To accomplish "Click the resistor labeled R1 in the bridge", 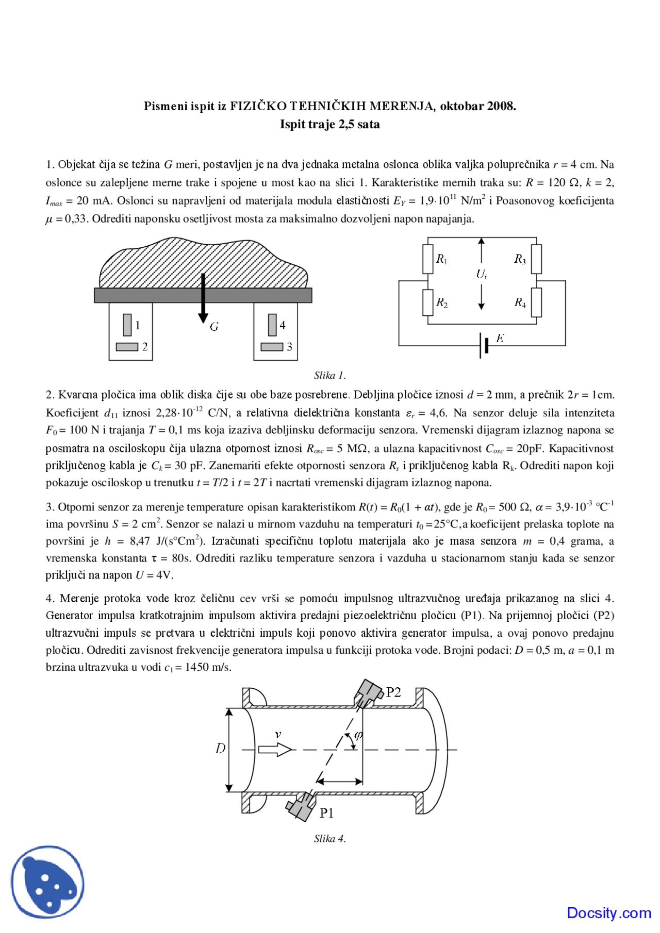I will pos(428,259).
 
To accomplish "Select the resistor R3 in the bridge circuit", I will pos(536,259).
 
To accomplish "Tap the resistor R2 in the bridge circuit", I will pos(428,302).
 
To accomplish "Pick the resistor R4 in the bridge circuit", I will pos(536,302).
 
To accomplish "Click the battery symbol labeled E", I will pos(484,345).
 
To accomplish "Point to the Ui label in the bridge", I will pos(482,274).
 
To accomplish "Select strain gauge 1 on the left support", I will pos(127,325).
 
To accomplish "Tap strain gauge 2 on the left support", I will pos(127,347).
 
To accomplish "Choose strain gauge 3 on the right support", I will pos(272,347).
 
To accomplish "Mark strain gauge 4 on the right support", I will pos(272,325).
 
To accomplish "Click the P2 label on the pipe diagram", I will pos(393,692).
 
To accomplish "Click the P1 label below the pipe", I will pos(327,813).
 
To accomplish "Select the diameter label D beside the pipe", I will pos(221,748).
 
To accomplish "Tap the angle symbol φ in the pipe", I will pos(359,735).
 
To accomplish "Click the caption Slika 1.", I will pos(330,375).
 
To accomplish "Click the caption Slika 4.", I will pos(330,838).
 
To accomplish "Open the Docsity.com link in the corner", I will pos(609,912).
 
